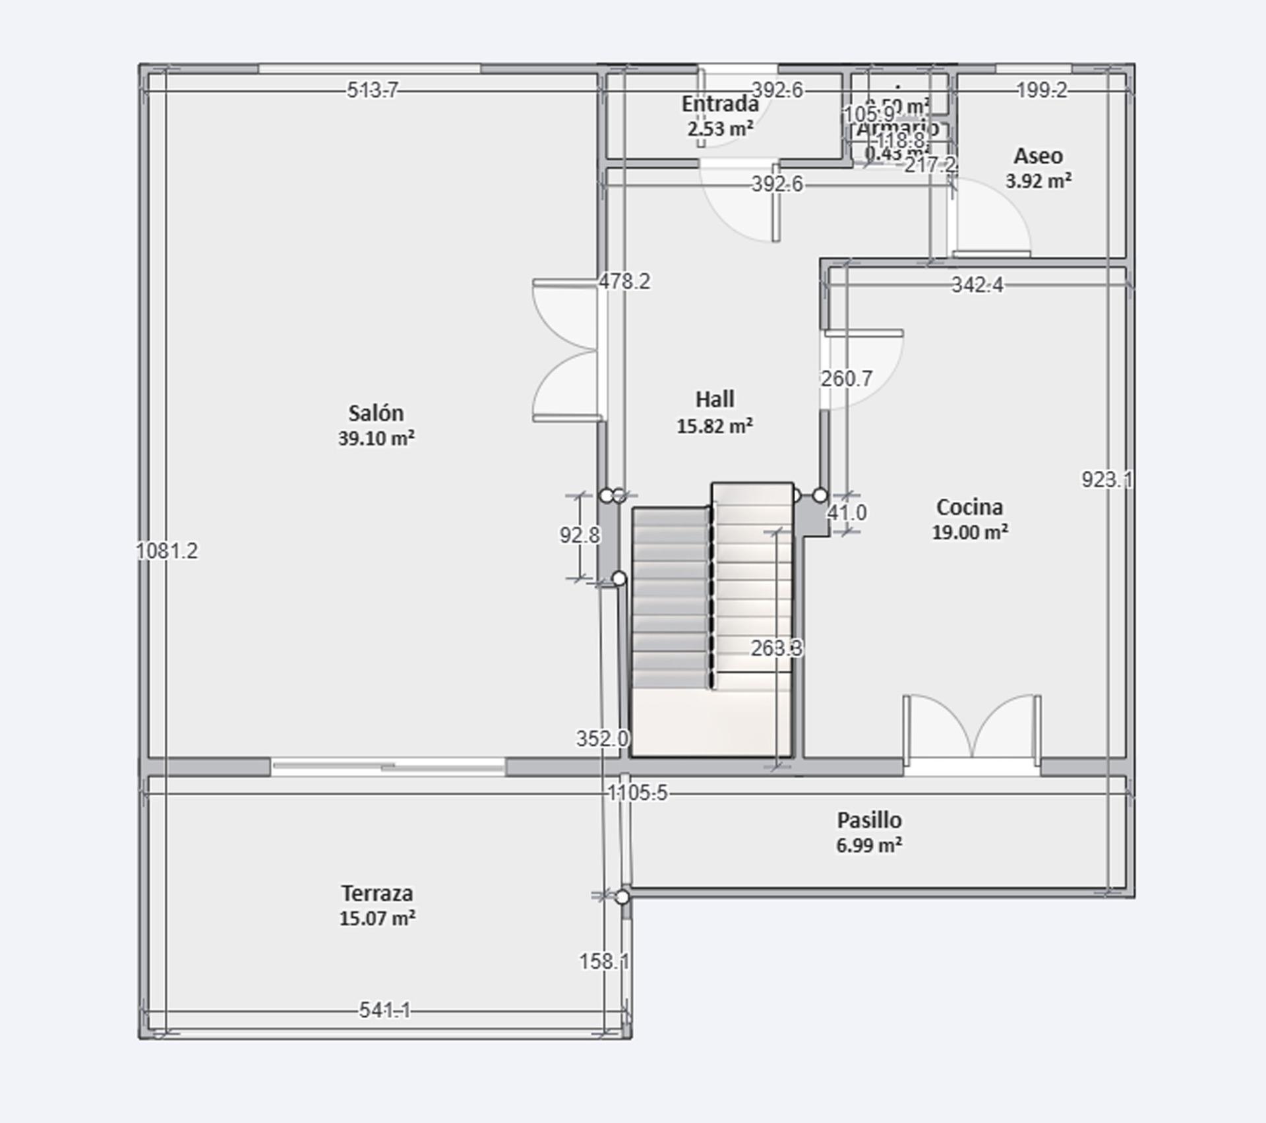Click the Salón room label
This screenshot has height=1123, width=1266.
(376, 413)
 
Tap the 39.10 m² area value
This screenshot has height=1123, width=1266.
(377, 439)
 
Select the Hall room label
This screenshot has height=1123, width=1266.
(715, 400)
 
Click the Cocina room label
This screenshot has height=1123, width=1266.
(969, 507)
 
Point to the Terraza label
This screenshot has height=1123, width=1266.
(377, 894)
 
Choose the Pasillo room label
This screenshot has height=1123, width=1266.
(869, 820)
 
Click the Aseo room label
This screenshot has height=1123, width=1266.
(1038, 156)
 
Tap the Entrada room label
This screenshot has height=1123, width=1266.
(720, 104)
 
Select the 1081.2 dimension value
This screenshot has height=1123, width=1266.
(167, 551)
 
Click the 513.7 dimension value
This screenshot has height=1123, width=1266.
(373, 90)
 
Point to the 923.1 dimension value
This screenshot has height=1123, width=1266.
(1107, 479)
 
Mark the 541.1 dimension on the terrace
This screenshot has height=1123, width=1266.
(384, 1010)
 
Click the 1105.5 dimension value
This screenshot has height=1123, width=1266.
(637, 793)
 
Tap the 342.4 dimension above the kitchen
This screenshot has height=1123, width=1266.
(977, 285)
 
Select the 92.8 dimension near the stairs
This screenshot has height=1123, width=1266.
(580, 535)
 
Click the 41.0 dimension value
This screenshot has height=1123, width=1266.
(847, 512)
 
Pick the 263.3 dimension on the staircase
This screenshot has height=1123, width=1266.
(777, 648)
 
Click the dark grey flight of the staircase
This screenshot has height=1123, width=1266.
(670, 597)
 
